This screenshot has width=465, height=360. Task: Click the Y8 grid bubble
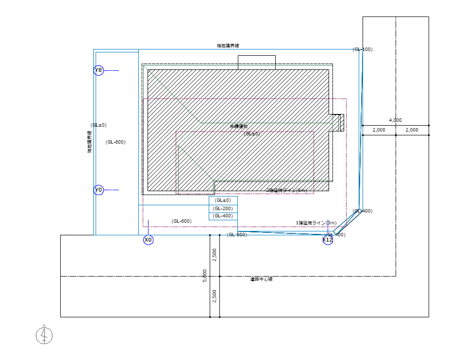[x=99, y=71]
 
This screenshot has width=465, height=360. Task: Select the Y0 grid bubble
[x=99, y=190]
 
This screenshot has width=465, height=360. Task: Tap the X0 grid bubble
[x=148, y=240]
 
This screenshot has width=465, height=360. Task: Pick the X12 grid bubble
[x=328, y=240]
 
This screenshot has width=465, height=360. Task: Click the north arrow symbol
[x=44, y=335]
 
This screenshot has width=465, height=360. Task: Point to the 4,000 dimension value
[x=395, y=120]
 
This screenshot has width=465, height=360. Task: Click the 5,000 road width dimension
[x=205, y=276]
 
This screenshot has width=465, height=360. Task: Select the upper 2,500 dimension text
[x=215, y=255]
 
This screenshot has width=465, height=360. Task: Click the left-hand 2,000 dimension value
[x=379, y=130]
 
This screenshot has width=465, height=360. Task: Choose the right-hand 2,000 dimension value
[x=412, y=130]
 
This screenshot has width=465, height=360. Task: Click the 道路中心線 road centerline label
[x=261, y=279]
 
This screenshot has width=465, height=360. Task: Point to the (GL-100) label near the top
[x=363, y=49]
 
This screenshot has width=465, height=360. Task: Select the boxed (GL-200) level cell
[x=223, y=209]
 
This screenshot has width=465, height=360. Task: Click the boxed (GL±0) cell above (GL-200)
[x=223, y=200]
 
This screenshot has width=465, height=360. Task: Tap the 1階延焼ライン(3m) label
[x=316, y=223]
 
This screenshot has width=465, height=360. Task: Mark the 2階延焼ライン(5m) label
[x=286, y=191]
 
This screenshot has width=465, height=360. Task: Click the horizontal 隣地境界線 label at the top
[x=228, y=46]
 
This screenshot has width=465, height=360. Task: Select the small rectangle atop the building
[x=256, y=62]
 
